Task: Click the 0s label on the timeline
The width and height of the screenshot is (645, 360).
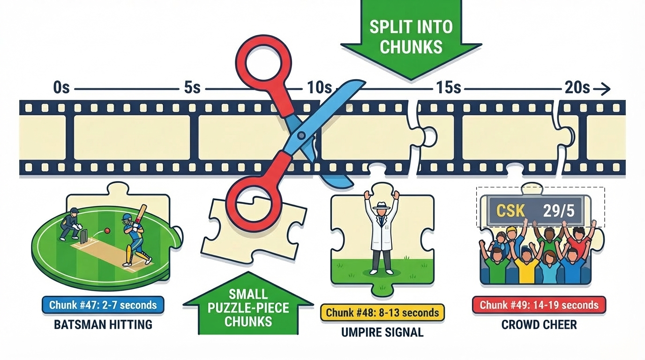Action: [61, 88]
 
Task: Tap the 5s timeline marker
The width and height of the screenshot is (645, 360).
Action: [192, 88]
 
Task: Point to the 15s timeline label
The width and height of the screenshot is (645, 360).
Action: [448, 88]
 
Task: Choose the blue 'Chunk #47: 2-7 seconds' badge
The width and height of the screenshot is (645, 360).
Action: [103, 305]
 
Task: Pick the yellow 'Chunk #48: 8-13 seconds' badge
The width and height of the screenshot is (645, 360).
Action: [382, 312]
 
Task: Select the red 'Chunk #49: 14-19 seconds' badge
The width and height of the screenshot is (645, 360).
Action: [539, 305]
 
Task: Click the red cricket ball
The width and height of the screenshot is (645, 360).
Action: [107, 231]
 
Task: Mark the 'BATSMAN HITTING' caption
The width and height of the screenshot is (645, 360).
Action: [103, 324]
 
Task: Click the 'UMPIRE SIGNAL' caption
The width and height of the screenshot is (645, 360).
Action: [382, 332]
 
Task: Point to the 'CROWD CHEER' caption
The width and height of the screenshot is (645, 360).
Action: [539, 324]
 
